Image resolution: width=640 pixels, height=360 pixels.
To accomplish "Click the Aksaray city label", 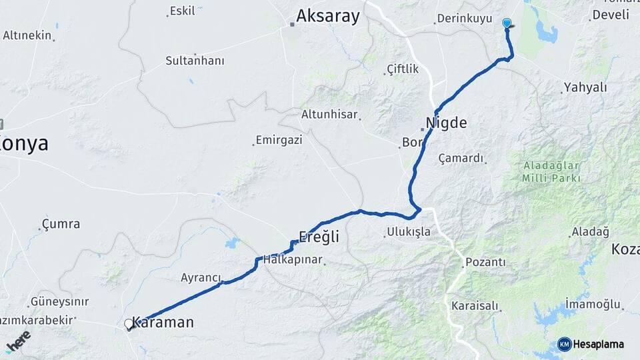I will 327,17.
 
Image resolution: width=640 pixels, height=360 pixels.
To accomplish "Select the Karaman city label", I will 163,323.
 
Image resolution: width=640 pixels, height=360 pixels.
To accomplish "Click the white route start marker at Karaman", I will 129,324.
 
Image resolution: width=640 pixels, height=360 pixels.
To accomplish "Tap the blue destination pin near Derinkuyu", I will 507,24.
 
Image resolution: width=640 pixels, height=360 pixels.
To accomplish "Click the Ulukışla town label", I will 408,233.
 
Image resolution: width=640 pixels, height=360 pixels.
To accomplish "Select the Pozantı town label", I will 485,262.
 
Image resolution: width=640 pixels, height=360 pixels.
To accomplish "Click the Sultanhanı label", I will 195,61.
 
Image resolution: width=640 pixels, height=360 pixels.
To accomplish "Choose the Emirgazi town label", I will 279,141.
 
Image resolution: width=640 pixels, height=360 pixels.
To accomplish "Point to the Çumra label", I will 61,223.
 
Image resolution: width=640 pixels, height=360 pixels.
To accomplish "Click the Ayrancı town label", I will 201,277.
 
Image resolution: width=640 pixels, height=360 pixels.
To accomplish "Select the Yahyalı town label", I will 585,87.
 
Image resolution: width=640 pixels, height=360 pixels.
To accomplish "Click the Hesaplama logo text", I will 598,344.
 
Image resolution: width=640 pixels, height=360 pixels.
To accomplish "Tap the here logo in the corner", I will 18,341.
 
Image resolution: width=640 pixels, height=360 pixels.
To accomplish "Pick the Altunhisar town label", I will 329,114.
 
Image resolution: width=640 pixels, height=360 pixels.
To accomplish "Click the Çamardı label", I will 461,158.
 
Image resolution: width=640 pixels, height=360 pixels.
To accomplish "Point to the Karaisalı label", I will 475,305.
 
